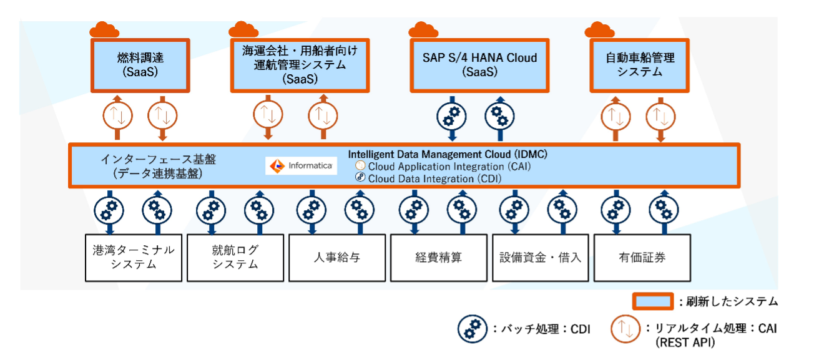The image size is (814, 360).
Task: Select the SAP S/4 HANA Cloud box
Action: click(x=479, y=65)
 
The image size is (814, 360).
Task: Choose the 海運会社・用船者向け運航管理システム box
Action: click(x=300, y=65)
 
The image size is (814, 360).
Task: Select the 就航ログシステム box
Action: click(x=235, y=257)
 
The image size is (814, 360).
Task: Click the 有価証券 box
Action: click(x=642, y=257)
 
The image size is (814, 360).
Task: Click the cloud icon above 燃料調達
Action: click(x=104, y=29)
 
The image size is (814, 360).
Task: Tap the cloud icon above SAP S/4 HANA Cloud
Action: click(x=424, y=29)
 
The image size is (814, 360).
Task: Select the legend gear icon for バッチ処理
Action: click(x=469, y=328)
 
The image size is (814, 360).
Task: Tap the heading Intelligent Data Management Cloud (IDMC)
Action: click(x=447, y=153)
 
